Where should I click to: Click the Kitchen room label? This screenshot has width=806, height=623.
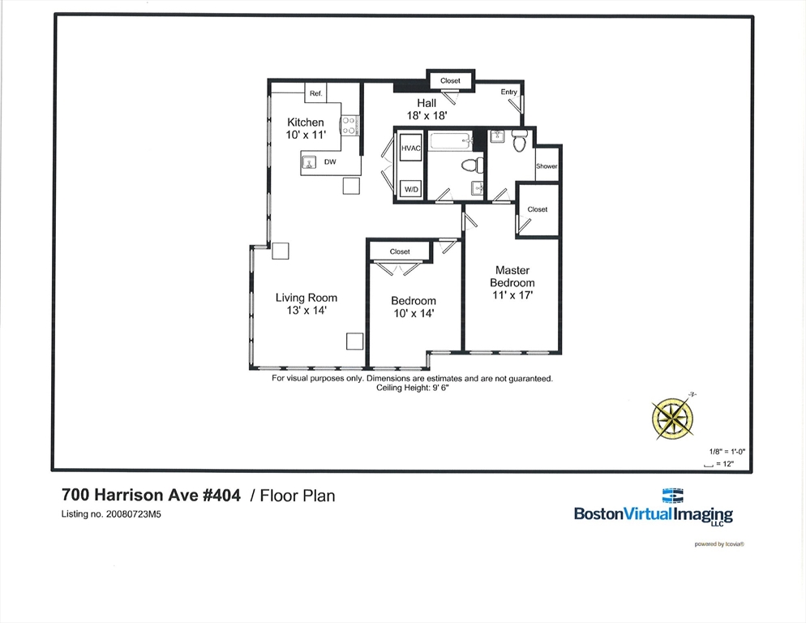[x=306, y=122]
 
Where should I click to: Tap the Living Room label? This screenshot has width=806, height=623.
[x=307, y=298]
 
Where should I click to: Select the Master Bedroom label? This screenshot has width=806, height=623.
[x=512, y=277]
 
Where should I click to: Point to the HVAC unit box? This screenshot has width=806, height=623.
[x=411, y=148]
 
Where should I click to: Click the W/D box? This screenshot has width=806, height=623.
[x=411, y=189]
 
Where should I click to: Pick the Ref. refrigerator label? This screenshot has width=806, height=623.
[x=315, y=93]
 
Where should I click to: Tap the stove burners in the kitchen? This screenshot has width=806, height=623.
[x=349, y=126]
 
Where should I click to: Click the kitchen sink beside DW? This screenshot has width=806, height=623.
[x=308, y=162]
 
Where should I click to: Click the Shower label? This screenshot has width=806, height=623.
[x=547, y=166]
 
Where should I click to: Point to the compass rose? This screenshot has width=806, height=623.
[x=672, y=417]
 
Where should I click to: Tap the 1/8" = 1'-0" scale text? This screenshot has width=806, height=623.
[x=727, y=452]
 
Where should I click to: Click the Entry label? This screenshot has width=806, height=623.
[x=509, y=92]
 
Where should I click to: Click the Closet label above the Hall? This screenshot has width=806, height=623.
[x=450, y=81]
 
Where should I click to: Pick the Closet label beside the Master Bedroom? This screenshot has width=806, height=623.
[x=537, y=209]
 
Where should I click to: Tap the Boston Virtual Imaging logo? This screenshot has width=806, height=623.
[x=654, y=508]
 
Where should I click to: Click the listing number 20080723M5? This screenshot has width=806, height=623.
[x=133, y=514]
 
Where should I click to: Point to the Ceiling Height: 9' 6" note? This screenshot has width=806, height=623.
[x=412, y=388]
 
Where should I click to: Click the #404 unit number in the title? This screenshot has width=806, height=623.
[x=221, y=495]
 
